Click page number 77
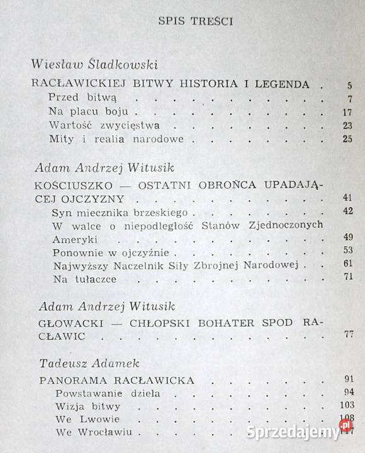coord(347,334)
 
